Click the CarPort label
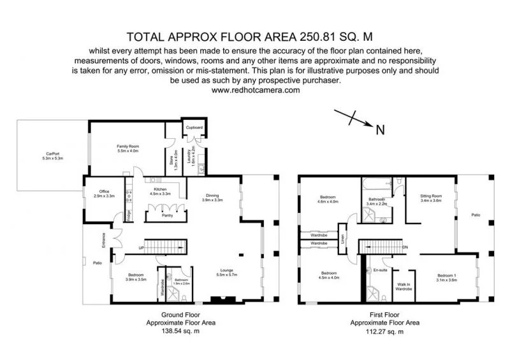(53, 153)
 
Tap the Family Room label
(127, 146)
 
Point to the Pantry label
(168, 215)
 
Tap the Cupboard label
(194, 127)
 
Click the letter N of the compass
(380, 130)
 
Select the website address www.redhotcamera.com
(255, 90)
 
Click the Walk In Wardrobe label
(404, 287)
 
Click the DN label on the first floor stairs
(405, 247)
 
